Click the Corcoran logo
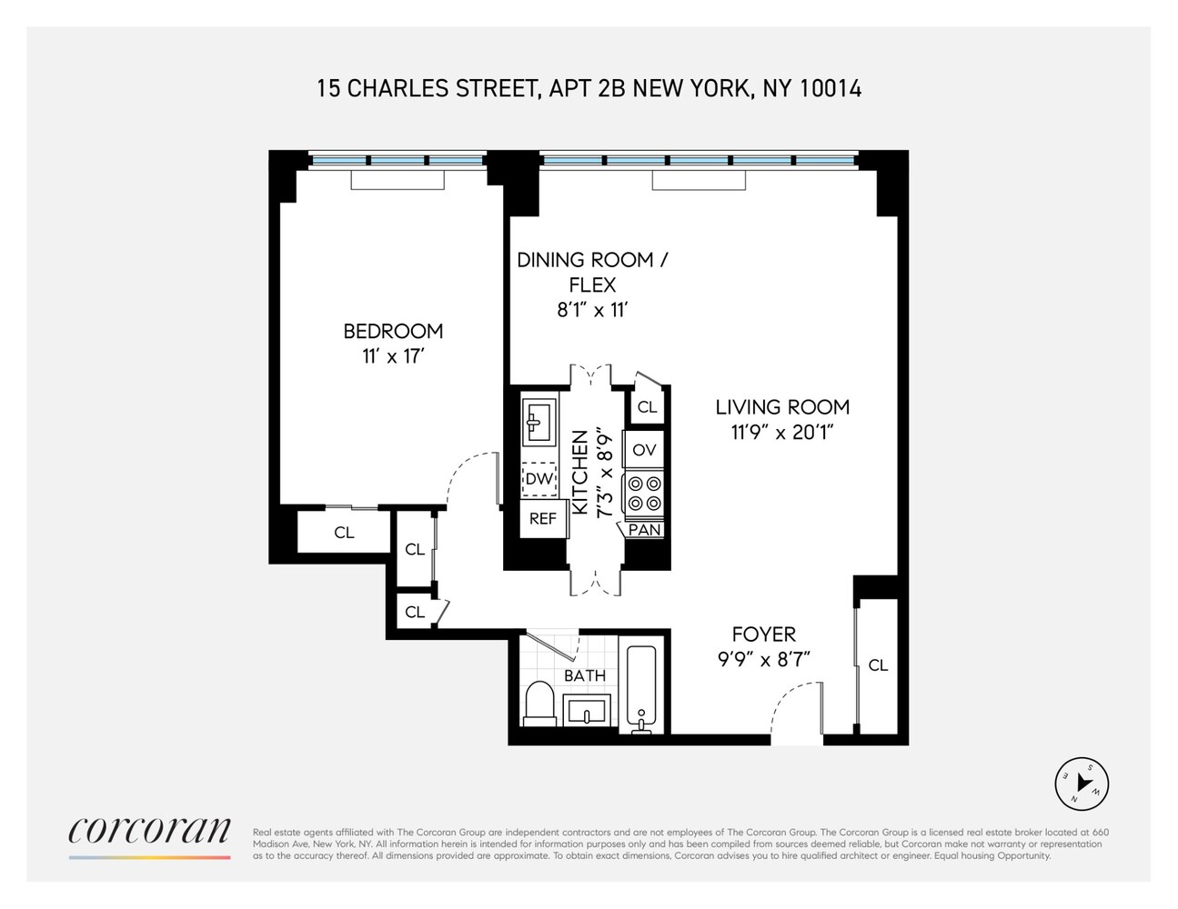click(149, 831)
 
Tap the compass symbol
click(1082, 784)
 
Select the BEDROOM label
click(393, 331)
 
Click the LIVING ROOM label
click(782, 407)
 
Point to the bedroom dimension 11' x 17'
click(393, 356)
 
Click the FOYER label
click(764, 634)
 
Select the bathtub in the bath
click(644, 686)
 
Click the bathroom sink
click(586, 709)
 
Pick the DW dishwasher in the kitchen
click(539, 479)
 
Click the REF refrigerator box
click(543, 518)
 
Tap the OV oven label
click(644, 450)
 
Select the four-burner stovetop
click(644, 494)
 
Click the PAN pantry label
click(645, 529)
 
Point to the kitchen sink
click(539, 420)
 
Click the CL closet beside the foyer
click(878, 665)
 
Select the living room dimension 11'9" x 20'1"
click(782, 433)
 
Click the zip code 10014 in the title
click(831, 88)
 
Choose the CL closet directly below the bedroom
click(344, 533)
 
